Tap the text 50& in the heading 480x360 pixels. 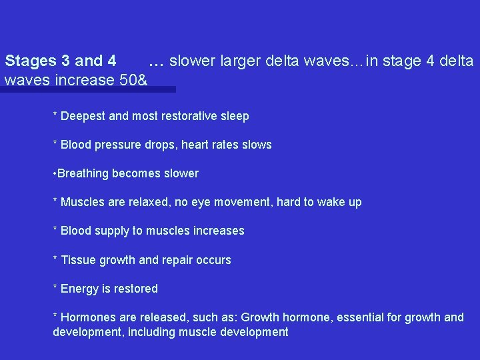click(x=133, y=80)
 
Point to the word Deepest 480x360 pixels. click(x=83, y=116)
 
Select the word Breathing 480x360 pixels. click(x=83, y=173)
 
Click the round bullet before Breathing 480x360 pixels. click(x=55, y=173)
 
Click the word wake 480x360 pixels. click(x=331, y=202)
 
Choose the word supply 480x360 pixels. click(x=111, y=231)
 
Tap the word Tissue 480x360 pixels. click(x=79, y=260)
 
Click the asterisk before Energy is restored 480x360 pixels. click(x=55, y=288)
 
